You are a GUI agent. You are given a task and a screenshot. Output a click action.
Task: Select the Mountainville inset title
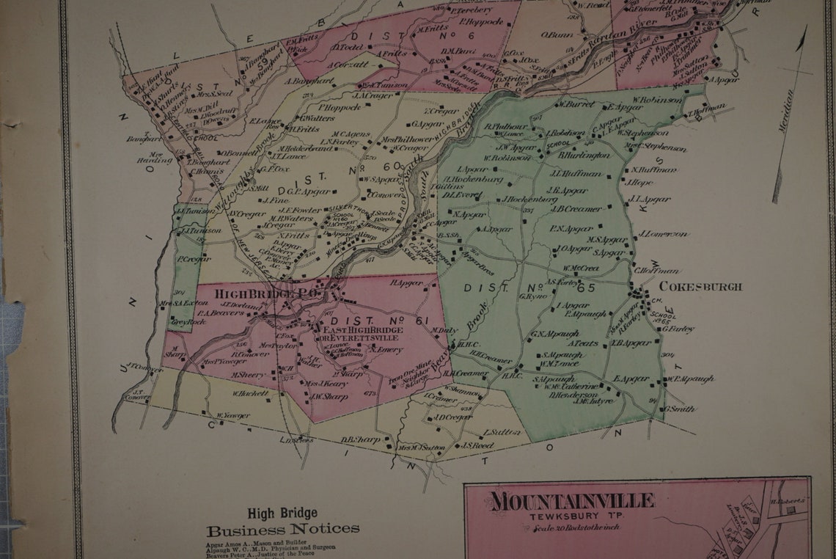coord(572,501)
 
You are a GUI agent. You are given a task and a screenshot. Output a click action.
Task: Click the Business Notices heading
coord(283,529)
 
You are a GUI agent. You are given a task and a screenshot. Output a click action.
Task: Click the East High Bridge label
coord(363,332)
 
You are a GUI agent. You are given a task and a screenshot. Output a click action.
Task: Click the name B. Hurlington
coord(584,156)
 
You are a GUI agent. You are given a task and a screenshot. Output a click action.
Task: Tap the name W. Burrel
coord(576,104)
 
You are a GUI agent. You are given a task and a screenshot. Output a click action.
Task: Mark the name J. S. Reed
coord(477,445)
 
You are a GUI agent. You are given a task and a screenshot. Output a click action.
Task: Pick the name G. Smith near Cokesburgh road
coord(681,409)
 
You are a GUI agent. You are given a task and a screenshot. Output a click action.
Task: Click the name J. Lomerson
coord(664,234)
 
